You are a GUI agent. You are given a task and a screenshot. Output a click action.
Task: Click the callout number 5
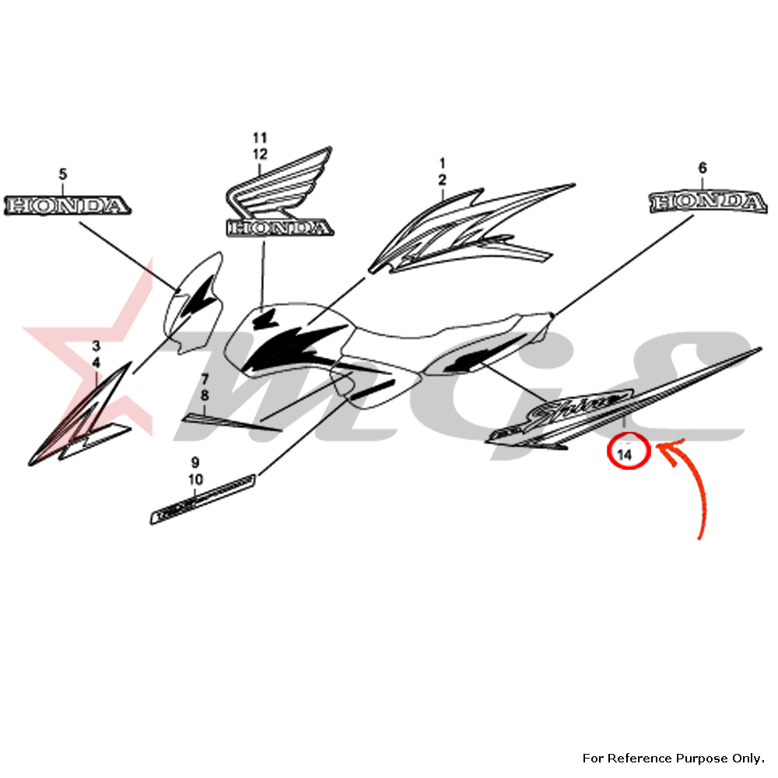tap(64, 174)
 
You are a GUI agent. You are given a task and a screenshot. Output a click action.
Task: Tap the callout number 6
tap(703, 167)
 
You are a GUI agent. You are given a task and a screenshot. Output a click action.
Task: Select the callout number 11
tap(259, 137)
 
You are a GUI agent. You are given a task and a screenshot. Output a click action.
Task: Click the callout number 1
tap(442, 163)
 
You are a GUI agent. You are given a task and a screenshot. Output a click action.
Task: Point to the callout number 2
tap(442, 180)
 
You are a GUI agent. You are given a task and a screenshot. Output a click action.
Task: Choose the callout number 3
tap(96, 345)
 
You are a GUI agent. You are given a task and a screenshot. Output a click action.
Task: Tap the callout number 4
tap(96, 363)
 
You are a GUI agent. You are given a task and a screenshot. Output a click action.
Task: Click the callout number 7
tap(205, 379)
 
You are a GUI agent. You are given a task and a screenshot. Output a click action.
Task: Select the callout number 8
tap(205, 395)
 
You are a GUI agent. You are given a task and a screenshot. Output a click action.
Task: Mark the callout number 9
tap(194, 462)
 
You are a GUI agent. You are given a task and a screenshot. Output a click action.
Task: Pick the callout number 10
tap(194, 479)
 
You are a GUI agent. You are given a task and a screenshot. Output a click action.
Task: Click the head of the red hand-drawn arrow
tap(661, 446)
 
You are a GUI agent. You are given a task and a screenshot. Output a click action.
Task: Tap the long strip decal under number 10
tap(204, 498)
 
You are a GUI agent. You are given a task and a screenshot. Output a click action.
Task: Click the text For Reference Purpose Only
tap(673, 757)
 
